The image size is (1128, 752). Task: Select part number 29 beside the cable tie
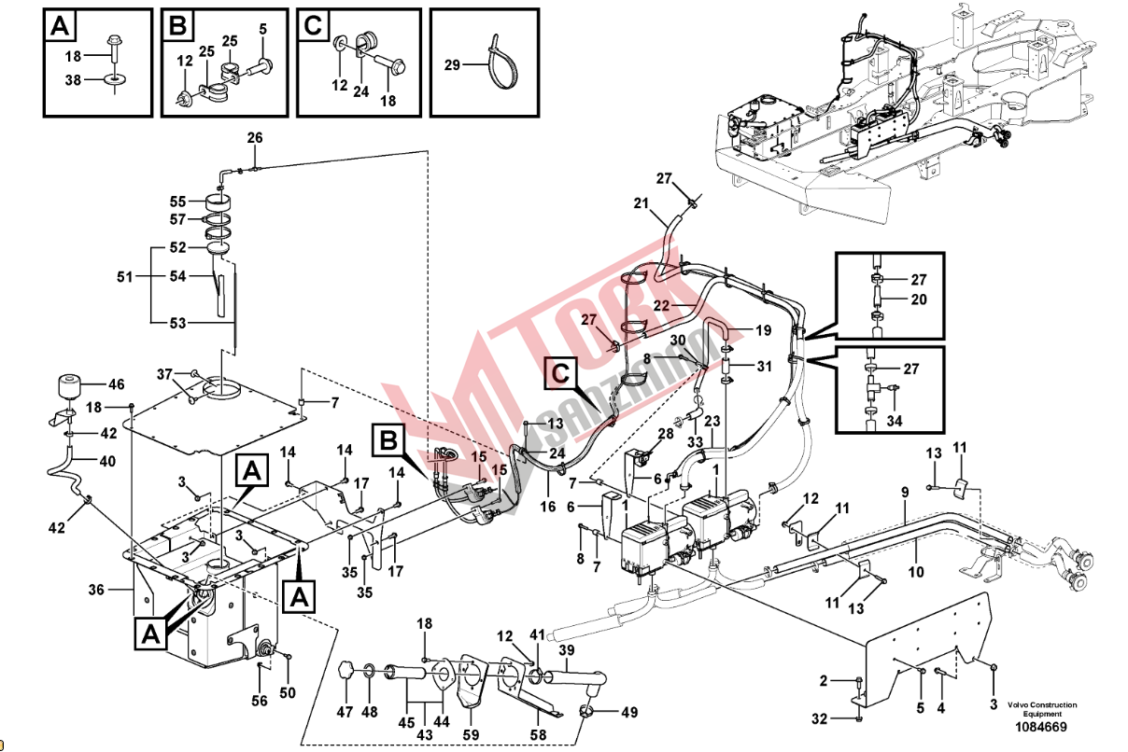pos(452,64)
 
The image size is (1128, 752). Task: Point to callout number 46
pos(116,383)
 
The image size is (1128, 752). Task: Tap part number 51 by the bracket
pos(124,276)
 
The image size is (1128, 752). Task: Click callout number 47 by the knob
pos(345,712)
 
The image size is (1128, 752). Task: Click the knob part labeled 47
pos(347,670)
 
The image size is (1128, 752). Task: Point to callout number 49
pos(629,712)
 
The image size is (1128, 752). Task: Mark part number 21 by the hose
pos(641,203)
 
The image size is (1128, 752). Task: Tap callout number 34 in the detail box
pos(895,422)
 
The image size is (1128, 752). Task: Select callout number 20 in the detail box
pos(920,299)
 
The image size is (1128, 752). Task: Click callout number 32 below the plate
pos(819,718)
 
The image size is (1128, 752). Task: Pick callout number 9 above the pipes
pos(905,492)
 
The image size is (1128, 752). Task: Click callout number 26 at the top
pos(255,138)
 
